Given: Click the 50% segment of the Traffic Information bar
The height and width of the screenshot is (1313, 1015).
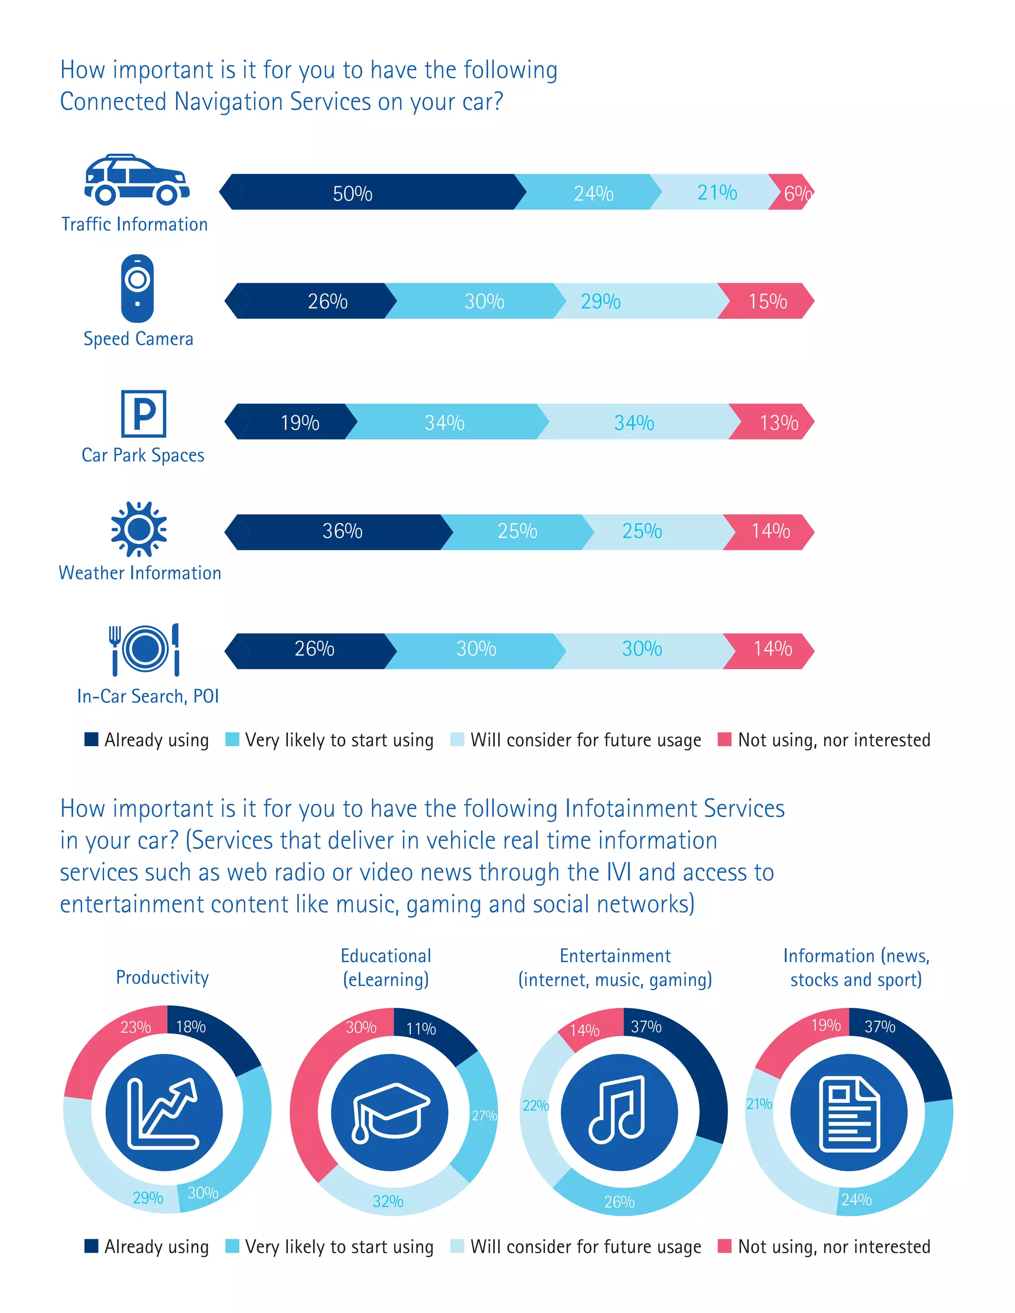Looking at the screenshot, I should coord(353,193).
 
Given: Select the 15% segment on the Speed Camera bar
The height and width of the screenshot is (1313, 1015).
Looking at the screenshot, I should coord(767,301).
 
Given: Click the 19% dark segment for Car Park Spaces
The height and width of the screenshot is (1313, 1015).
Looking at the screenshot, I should coord(299,422).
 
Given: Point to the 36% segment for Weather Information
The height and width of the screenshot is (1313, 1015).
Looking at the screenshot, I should coord(341,532).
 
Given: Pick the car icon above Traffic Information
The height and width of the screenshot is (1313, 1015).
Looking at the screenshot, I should coord(136,180).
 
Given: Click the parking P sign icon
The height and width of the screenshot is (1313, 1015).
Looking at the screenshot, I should coord(143,414).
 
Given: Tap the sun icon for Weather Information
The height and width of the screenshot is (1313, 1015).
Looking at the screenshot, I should coord(139,529).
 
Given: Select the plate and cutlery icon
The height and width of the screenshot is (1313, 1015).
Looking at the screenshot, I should coord(144,649).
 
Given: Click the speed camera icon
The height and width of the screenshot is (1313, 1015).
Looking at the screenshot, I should coord(137,288).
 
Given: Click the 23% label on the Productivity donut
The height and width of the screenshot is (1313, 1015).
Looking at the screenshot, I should coord(135,1027).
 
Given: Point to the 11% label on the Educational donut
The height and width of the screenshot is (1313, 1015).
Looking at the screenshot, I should coord(421,1029).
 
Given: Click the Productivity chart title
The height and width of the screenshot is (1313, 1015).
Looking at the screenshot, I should coord(163,978).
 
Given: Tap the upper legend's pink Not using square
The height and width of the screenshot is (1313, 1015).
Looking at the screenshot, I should coord(725,739).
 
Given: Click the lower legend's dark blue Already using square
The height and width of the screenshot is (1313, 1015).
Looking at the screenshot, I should coord(91,1246).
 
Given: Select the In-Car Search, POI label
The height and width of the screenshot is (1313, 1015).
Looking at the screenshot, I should coord(148,696).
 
